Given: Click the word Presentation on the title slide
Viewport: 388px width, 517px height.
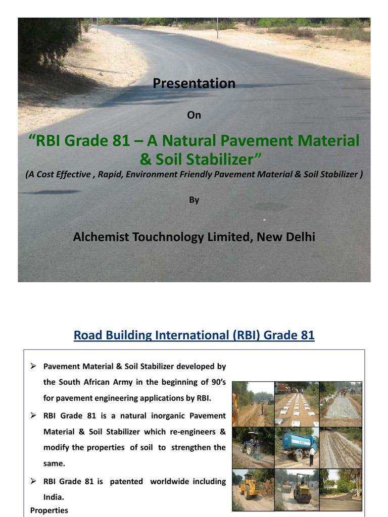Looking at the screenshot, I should coord(194,83).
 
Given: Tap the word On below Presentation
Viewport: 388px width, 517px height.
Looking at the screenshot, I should coord(194,115).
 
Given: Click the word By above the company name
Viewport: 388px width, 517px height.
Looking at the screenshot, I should coord(194,200).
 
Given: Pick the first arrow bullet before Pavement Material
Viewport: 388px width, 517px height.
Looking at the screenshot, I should coord(33,366).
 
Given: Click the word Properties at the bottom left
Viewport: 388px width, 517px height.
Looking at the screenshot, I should coord(49,510).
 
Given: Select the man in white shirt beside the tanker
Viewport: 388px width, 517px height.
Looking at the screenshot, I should coord(312,455).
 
